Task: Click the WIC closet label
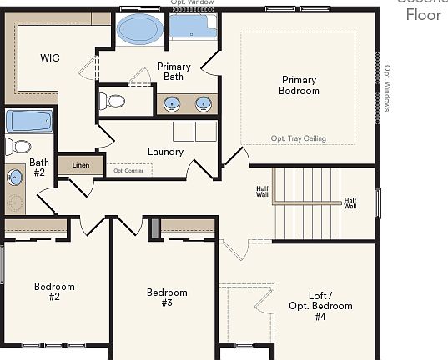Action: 50,58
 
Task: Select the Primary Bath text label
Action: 174,72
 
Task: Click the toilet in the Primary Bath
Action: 112,102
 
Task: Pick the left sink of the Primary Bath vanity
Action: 171,104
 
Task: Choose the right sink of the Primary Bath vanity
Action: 203,104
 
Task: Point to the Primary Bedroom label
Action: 299,86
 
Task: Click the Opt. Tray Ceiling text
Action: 298,138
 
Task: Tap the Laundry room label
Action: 165,152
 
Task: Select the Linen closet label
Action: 80,165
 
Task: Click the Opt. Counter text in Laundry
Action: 128,171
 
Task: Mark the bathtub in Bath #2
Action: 30,122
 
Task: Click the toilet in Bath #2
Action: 17,147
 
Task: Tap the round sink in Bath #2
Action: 15,177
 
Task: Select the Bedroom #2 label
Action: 54,292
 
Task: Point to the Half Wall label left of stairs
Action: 262,192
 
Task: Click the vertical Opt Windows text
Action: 387,91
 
